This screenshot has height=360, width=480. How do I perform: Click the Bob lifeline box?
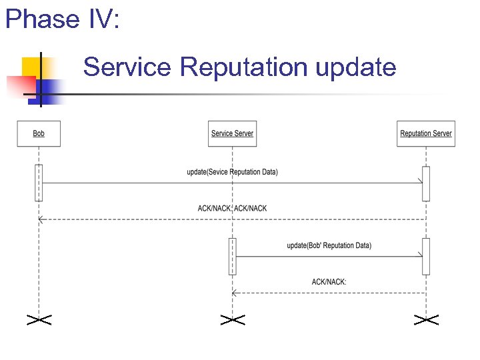pos(39,133)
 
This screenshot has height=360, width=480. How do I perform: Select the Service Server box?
pos(232,133)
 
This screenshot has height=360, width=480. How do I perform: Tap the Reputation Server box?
pos(425,133)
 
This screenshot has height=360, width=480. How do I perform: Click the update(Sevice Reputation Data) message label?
pos(232,172)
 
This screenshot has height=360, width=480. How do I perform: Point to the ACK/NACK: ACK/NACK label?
pos(232,209)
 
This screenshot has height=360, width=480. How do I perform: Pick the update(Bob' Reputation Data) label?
pos(329,245)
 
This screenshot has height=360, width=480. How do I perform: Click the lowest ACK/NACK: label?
pos(329,282)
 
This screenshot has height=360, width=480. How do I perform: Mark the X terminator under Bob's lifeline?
pos(39,320)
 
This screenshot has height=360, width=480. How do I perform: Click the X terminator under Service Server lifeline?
pos(232,320)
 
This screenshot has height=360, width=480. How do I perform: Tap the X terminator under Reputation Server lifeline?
pos(425,320)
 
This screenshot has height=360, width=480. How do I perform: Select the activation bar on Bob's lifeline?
pos(39,182)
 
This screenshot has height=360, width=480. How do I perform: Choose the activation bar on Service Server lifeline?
pos(232,256)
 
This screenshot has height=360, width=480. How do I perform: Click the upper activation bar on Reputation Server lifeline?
pos(426,183)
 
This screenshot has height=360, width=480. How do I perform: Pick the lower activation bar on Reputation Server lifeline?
pos(426,256)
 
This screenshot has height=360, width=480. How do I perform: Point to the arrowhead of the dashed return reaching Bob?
pos(41,219)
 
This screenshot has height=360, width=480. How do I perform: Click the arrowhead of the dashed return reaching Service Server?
pos(234,293)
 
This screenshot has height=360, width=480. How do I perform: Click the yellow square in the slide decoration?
pos(32,66)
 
